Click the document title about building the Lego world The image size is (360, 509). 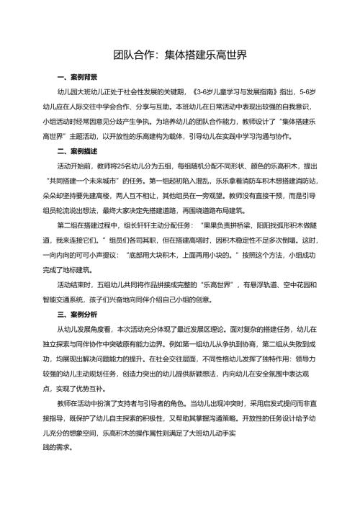179,55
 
